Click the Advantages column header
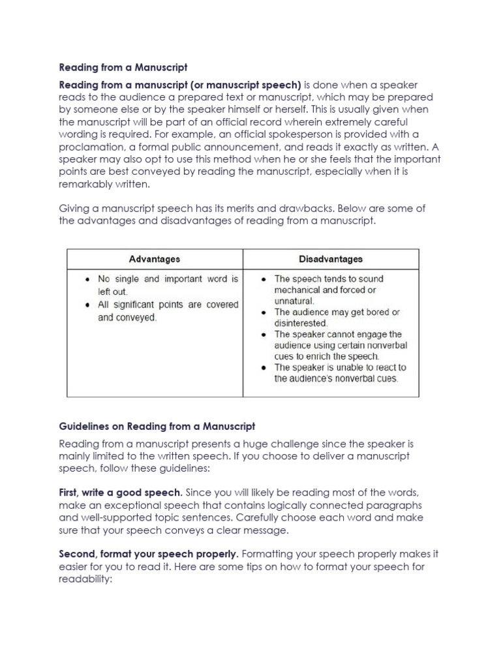(x=155, y=259)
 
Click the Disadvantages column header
(x=331, y=259)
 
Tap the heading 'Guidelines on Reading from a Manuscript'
(x=157, y=427)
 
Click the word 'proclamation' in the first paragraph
(x=90, y=147)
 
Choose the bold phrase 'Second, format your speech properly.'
(x=149, y=554)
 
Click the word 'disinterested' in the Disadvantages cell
(x=301, y=323)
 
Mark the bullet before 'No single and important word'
(x=87, y=279)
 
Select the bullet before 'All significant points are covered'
(x=87, y=305)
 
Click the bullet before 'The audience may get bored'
(x=264, y=312)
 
